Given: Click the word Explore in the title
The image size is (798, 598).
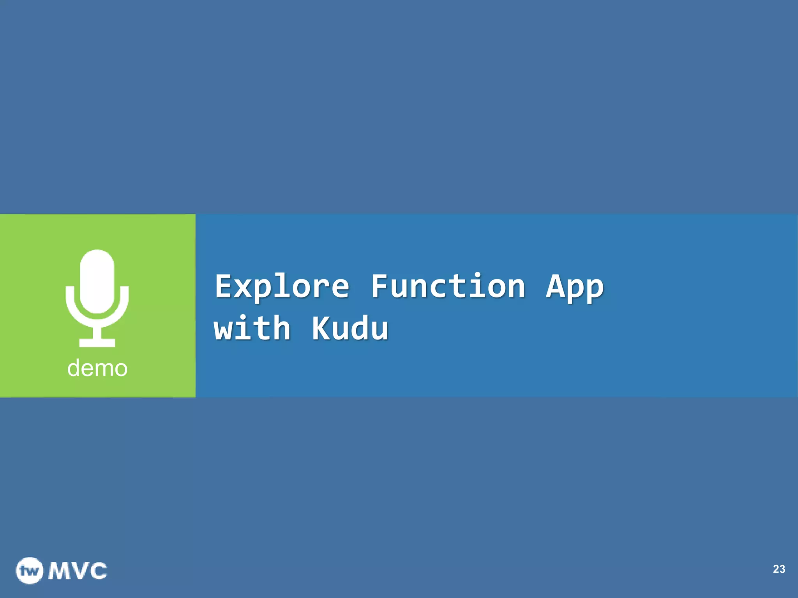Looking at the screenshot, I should [282, 287].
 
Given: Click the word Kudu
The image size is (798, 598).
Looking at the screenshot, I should [350, 328].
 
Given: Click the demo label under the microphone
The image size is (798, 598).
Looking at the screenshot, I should [97, 368].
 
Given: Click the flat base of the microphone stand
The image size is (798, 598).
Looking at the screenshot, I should [97, 343].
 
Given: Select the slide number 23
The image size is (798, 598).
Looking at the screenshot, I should [779, 569].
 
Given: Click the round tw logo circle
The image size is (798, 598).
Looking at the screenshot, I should [30, 571].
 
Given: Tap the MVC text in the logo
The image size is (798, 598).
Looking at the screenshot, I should [78, 571].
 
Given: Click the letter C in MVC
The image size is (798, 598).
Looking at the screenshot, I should [97, 571].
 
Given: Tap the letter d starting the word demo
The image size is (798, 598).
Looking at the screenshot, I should [74, 368].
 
